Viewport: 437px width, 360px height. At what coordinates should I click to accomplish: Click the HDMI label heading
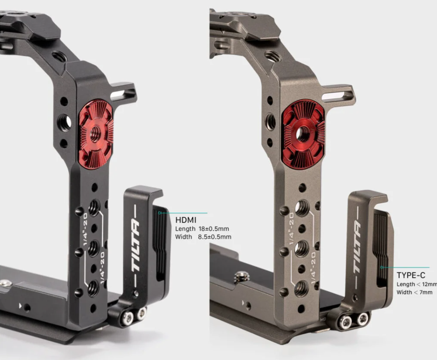pyautogui.click(x=186, y=220)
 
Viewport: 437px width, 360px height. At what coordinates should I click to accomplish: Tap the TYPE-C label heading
pyautogui.click(x=411, y=275)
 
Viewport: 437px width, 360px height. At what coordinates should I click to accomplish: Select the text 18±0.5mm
pyautogui.click(x=214, y=229)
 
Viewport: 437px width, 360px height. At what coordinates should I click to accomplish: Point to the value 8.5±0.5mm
pyautogui.click(x=215, y=237)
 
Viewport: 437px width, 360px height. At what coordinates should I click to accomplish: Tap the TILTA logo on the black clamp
pyautogui.click(x=135, y=245)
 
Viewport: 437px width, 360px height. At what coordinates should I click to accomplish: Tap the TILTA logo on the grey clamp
pyautogui.click(x=357, y=247)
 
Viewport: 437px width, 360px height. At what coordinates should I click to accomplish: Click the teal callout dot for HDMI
pyautogui.click(x=160, y=213)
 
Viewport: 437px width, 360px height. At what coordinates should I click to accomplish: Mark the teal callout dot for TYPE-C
pyautogui.click(x=381, y=267)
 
